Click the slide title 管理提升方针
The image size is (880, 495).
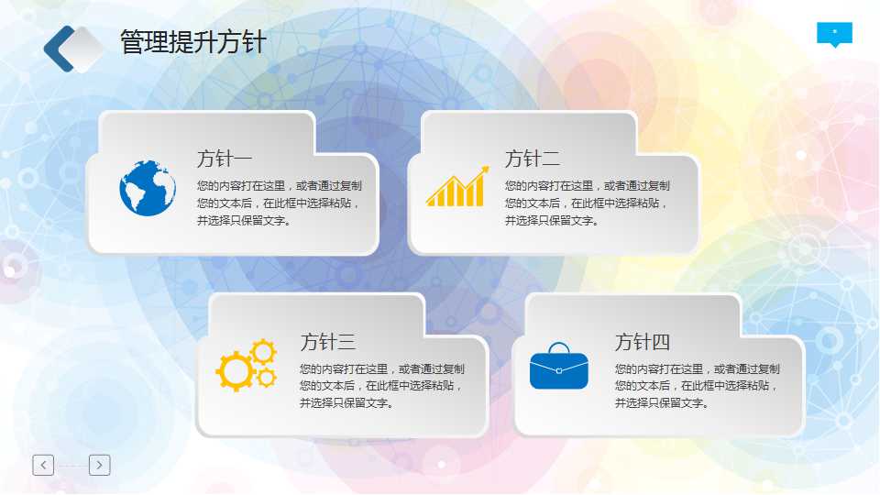[x=192, y=42]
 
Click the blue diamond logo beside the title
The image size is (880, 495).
[x=73, y=49]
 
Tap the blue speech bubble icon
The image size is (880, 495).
[x=834, y=34]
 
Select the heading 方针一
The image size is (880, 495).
[x=224, y=159]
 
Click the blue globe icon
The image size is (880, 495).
[x=147, y=188]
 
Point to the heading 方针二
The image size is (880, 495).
[x=532, y=159]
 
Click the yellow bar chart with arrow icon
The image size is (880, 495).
[x=456, y=187]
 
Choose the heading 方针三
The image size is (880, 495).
[x=327, y=343]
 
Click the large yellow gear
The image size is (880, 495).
[x=235, y=370]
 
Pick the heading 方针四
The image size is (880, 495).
[x=642, y=343]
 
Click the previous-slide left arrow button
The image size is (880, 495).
[x=43, y=465]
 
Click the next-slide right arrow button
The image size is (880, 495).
[x=100, y=465]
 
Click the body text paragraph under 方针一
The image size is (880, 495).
[x=279, y=203]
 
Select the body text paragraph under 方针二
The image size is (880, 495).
[x=587, y=203]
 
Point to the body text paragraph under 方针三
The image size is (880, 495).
[x=381, y=386]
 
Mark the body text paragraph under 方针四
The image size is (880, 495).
[x=697, y=386]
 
